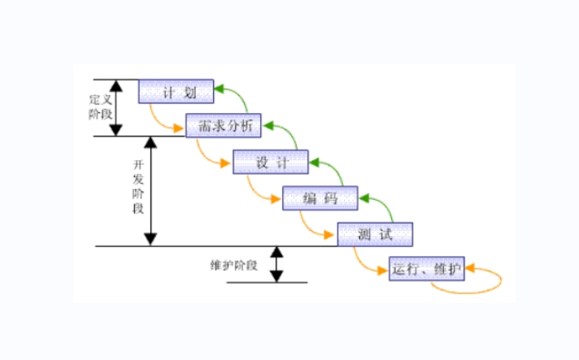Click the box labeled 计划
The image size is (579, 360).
176,91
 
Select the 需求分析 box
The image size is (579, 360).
224,127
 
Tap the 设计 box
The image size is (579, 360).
272,163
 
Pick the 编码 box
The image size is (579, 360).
320,198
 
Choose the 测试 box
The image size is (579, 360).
375,235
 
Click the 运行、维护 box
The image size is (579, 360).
426,269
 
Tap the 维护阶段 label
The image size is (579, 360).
233,265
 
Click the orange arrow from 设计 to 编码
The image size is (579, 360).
257,193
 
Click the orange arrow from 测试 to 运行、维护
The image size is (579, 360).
364,264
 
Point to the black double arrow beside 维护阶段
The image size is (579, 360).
276,264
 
